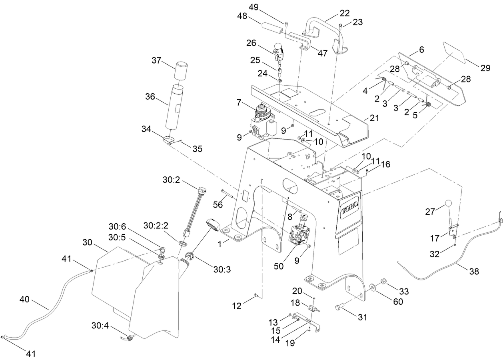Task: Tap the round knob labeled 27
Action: [x=448, y=204]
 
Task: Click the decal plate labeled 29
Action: [x=453, y=52]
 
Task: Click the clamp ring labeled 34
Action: [x=169, y=140]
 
